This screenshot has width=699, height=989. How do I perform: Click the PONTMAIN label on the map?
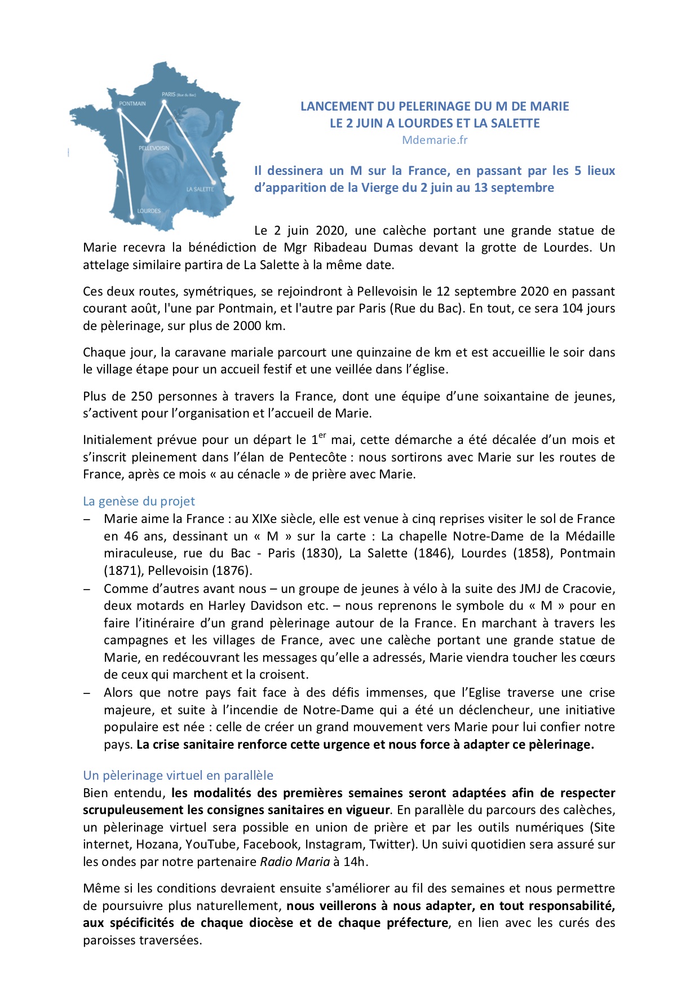132,104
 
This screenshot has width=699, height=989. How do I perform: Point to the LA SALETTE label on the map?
200,189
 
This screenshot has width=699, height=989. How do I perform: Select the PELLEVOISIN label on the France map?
154,148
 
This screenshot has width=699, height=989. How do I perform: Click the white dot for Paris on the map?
164,102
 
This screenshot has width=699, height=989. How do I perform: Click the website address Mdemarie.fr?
435,140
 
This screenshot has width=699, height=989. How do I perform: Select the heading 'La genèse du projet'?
139,501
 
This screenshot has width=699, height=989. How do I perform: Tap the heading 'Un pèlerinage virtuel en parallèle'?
178,775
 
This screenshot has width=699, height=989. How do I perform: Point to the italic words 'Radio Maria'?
294,862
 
